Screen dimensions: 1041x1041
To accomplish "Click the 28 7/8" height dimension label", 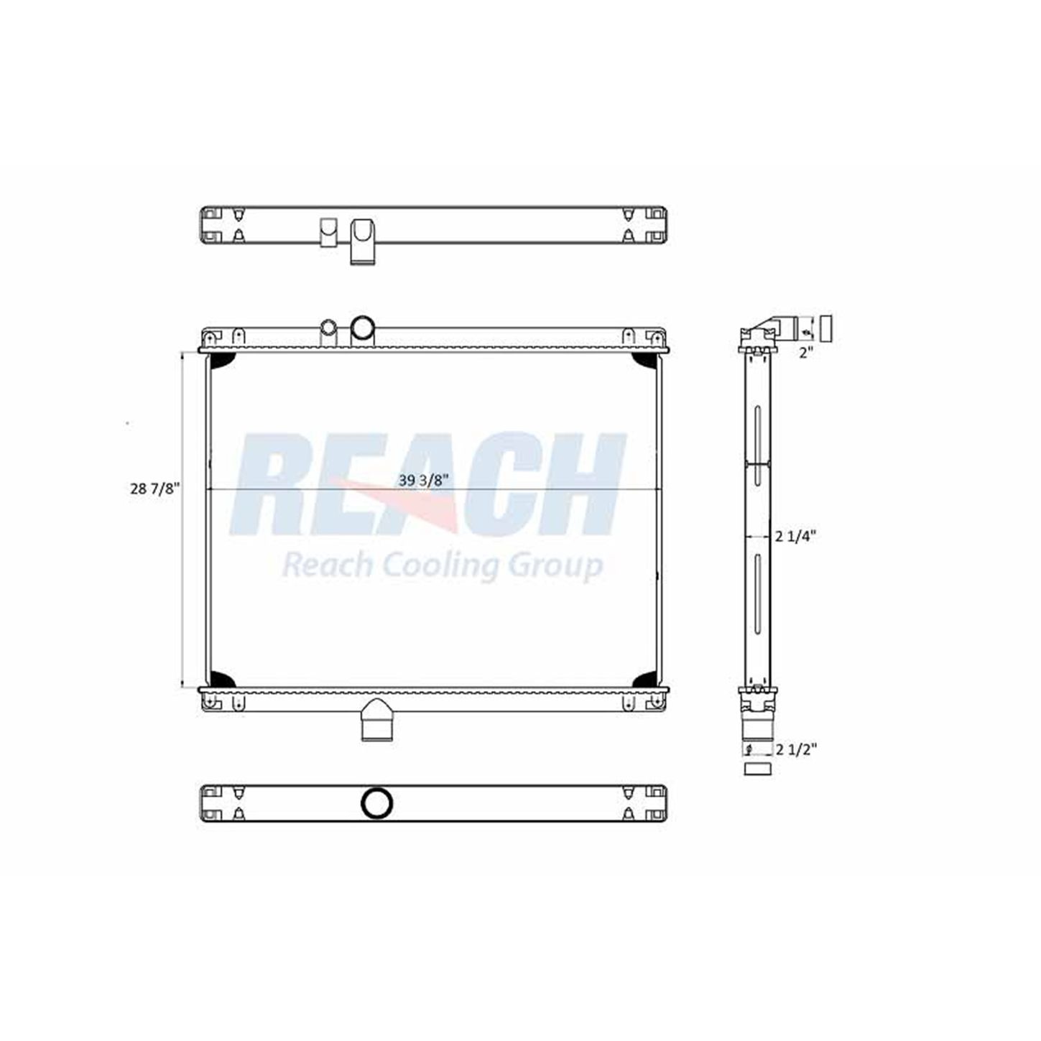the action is (x=154, y=489).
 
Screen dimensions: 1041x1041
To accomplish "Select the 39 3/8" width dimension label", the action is (x=424, y=480).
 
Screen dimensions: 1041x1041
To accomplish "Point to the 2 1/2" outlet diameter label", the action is (x=796, y=749).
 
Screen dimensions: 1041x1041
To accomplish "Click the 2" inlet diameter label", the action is (x=806, y=353).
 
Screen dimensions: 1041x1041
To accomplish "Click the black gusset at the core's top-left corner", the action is (x=219, y=361).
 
